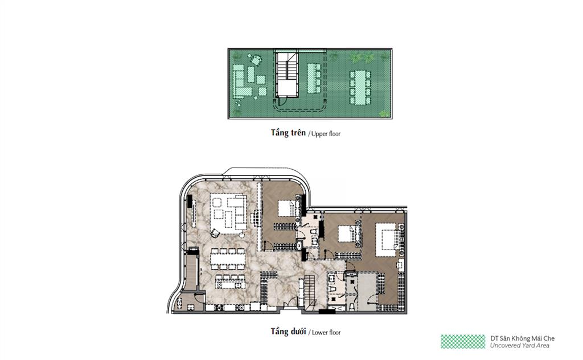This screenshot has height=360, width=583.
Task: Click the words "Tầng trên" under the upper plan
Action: click(288, 133)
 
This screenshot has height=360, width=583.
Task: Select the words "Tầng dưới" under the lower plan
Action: click(288, 332)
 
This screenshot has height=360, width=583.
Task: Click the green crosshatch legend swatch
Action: click(463, 341)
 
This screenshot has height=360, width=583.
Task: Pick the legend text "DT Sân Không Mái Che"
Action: click(522, 338)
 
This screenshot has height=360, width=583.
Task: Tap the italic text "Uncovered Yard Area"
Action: click(519, 346)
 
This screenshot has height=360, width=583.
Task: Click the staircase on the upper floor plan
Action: click(288, 75)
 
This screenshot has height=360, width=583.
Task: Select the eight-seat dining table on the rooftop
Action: click(360, 87)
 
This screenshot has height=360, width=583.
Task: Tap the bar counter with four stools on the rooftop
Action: click(314, 78)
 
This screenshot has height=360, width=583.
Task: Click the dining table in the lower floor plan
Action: click(228, 259)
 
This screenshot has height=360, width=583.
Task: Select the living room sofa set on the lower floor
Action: click(228, 213)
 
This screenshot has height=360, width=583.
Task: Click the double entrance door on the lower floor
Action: click(290, 305)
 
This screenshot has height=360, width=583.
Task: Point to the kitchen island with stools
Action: click(230, 283)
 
